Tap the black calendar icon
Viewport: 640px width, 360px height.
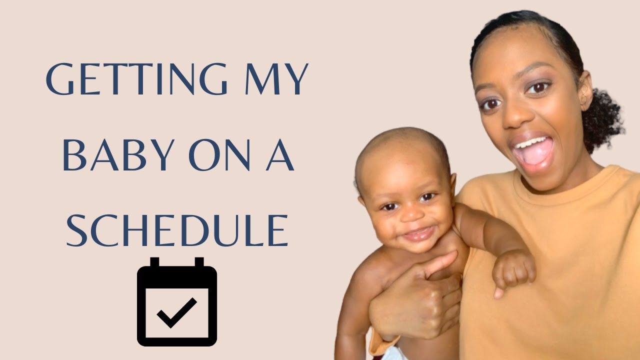click(177, 302)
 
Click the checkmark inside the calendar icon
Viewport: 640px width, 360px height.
click(177, 312)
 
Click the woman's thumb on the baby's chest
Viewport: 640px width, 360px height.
click(440, 265)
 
